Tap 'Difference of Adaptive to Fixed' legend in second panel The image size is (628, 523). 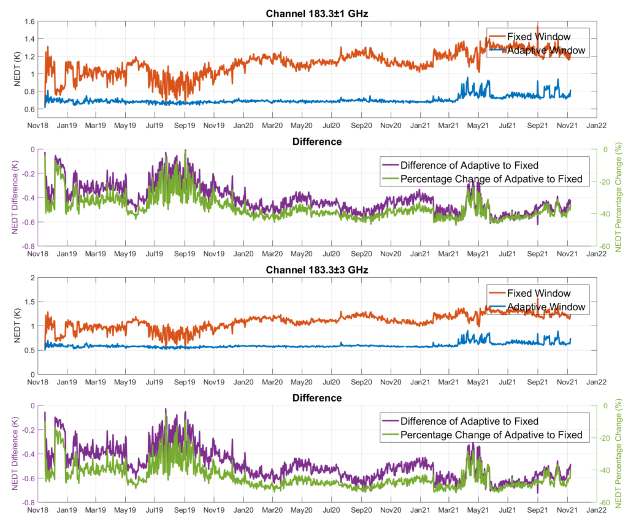[x=469, y=165]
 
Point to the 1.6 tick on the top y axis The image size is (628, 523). [x=28, y=21]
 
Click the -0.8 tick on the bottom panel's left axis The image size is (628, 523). [x=27, y=502]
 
